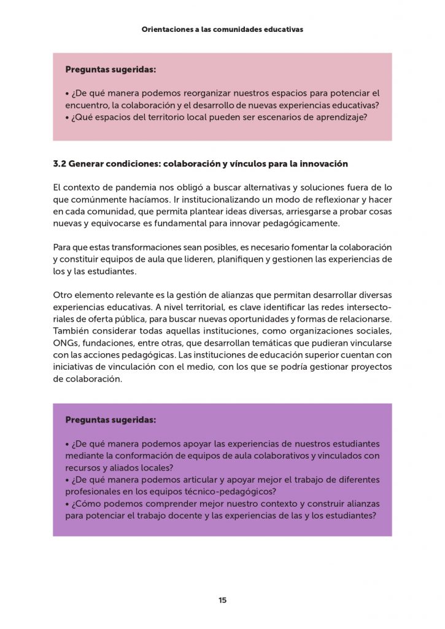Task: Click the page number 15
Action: pyautogui.click(x=222, y=600)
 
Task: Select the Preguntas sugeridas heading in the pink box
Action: pyautogui.click(x=110, y=70)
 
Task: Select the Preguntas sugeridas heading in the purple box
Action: pyautogui.click(x=110, y=421)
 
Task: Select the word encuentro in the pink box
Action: pyautogui.click(x=85, y=105)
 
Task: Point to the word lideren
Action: pyautogui.click(x=206, y=260)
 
